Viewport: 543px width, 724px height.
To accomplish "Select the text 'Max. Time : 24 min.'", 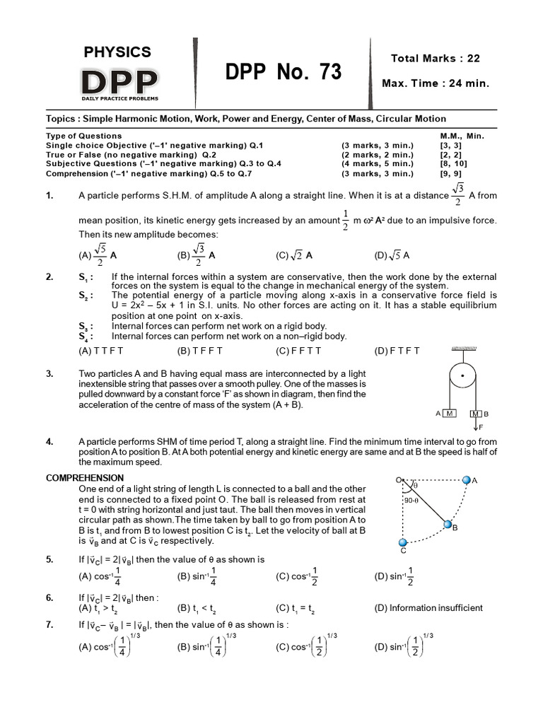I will (x=435, y=83).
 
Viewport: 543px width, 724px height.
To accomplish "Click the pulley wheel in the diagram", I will (x=463, y=375).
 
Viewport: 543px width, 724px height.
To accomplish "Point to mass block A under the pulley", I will (x=450, y=413).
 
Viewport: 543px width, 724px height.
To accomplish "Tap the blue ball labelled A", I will (x=465, y=480).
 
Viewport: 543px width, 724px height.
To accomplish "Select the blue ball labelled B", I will (x=448, y=525).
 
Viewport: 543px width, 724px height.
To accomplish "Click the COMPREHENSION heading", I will (x=85, y=478).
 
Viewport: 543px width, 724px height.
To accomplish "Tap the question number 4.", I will (x=49, y=442).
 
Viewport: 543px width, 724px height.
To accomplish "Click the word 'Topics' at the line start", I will (x=60, y=119).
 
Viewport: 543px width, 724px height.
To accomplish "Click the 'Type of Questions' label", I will (x=83, y=136).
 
